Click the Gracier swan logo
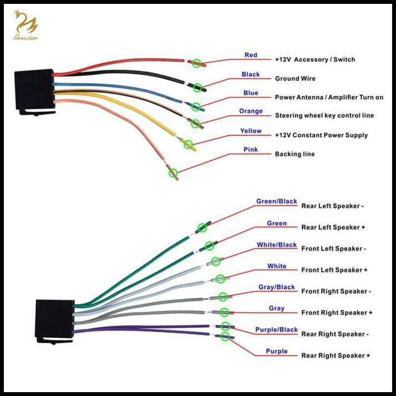pos(26,26)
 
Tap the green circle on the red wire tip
pos(196,63)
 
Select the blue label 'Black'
pos(251,74)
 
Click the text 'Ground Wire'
pos(295,79)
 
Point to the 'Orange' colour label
pos(251,111)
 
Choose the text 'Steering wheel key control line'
pos(324,115)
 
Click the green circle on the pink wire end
pos(173,173)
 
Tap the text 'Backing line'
pos(295,154)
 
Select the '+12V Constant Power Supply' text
pos(321,135)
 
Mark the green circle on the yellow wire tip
pos(188,144)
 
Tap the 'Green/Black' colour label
pos(277,201)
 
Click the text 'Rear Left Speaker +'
pos(333,227)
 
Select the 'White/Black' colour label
pos(277,245)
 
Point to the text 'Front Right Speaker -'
pos(336,291)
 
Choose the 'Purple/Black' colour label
pos(277,329)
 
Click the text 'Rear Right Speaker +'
pos(336,356)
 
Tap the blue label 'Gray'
pos(277,308)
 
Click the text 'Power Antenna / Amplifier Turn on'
pos(329,97)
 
